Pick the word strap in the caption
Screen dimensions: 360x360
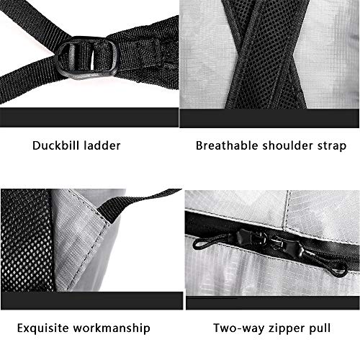332,145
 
